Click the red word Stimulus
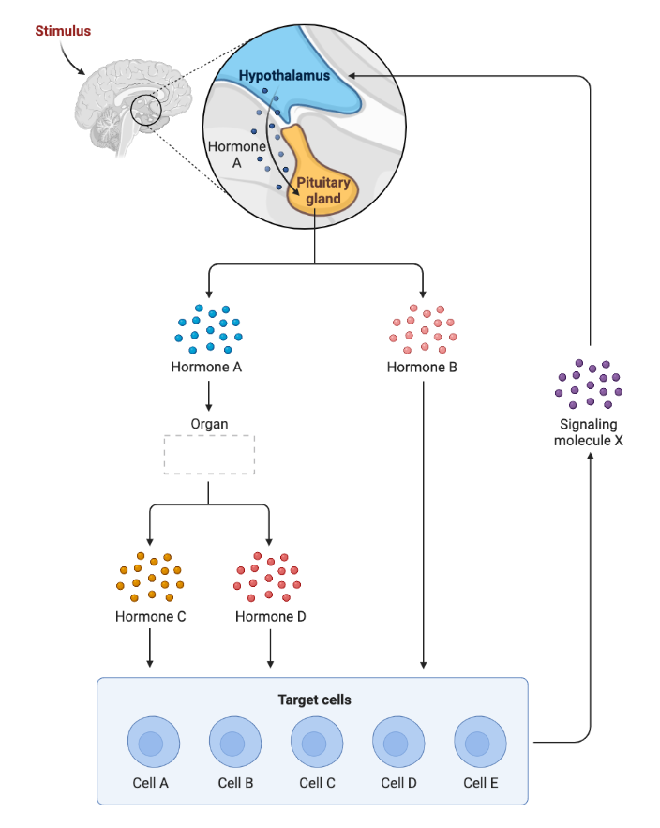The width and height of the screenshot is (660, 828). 63,31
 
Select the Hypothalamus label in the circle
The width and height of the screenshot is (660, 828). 284,75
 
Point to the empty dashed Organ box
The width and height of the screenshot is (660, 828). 209,455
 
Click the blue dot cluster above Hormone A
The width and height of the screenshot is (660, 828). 208,329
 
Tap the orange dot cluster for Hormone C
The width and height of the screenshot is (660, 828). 150,577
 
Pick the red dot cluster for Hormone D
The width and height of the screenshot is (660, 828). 270,577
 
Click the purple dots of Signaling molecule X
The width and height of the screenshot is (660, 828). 589,384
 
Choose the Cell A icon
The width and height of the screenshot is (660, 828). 154,744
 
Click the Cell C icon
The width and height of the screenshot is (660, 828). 317,744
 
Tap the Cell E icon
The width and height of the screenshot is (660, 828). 480,744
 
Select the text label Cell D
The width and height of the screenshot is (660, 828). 398,783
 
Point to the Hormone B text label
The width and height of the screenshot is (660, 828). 422,367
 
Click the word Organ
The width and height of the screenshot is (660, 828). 209,423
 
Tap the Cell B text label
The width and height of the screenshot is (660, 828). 235,783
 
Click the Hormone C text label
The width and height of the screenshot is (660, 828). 150,617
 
